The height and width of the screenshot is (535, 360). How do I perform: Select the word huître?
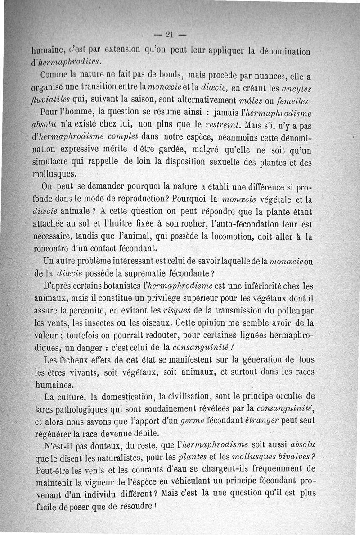[x=157, y=223]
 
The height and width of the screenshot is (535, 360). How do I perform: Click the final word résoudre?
[x=135, y=506]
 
